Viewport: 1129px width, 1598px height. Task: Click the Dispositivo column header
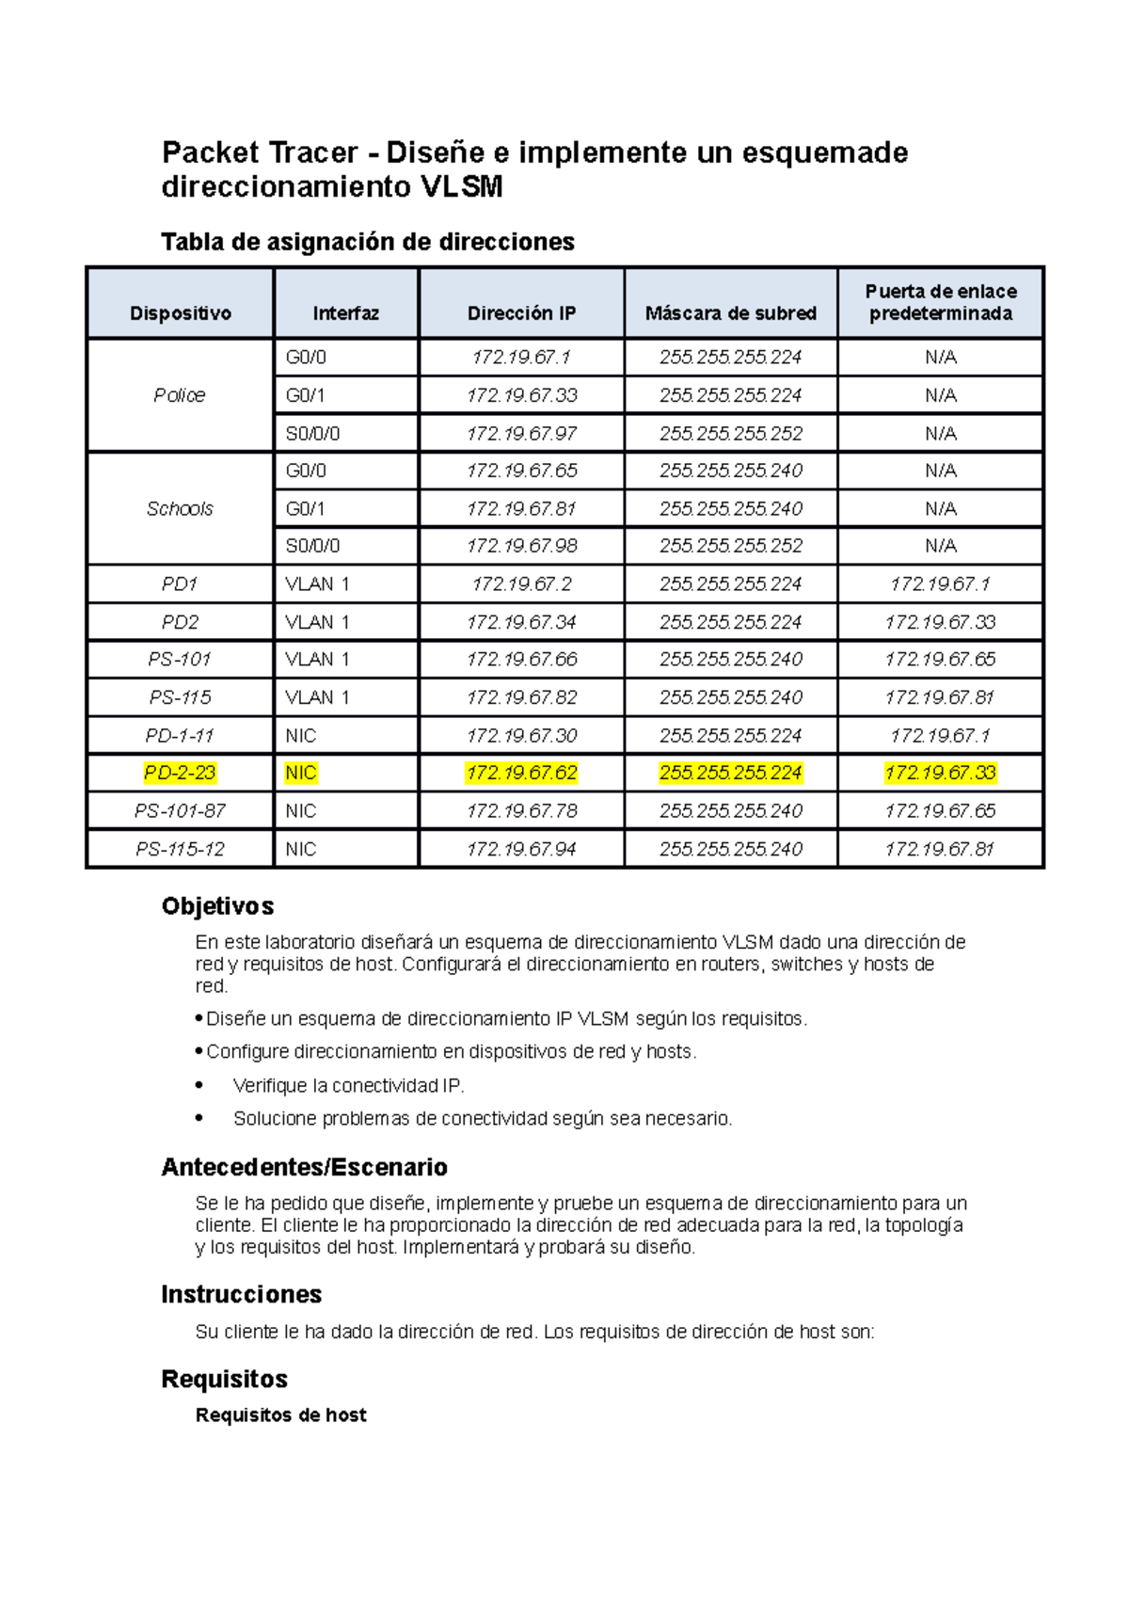click(x=180, y=313)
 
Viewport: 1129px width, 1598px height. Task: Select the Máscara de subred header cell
click(x=730, y=313)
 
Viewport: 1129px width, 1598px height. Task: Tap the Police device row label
click(x=180, y=395)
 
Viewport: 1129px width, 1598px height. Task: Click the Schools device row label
click(x=180, y=508)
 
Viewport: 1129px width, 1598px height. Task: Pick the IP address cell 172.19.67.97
click(x=521, y=433)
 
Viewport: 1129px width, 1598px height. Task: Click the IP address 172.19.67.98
click(x=521, y=546)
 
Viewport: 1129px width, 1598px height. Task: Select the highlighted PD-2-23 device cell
click(x=180, y=773)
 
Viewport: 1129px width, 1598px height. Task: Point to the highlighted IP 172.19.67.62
click(x=521, y=773)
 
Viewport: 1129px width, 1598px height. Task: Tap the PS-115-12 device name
click(x=180, y=849)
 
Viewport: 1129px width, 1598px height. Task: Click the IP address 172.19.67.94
click(x=521, y=849)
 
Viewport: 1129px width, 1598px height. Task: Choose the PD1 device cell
click(x=180, y=583)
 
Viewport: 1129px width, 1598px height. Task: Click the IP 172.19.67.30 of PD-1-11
click(x=521, y=735)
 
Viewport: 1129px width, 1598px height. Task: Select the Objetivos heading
click(x=217, y=906)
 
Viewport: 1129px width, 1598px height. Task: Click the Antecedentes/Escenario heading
click(x=304, y=1167)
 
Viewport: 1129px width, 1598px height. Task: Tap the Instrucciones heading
click(x=241, y=1294)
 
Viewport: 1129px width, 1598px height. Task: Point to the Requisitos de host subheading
click(x=280, y=1414)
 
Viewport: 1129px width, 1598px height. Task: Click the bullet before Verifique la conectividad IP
click(x=199, y=1085)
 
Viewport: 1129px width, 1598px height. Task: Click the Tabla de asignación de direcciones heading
click(x=367, y=242)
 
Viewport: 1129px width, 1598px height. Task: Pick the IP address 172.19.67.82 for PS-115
click(x=521, y=697)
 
